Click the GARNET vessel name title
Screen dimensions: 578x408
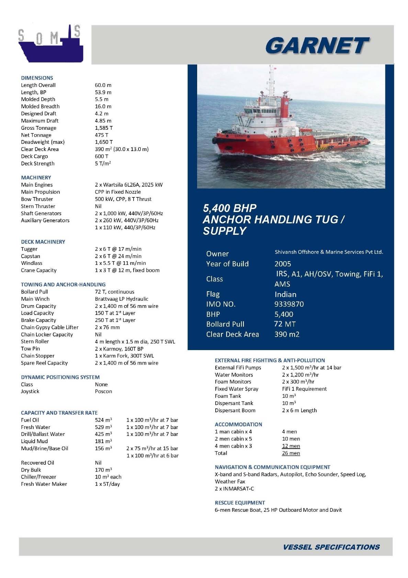tap(317, 46)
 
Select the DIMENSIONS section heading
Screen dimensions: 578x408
tap(37, 78)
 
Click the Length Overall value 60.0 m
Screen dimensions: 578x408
tap(103, 85)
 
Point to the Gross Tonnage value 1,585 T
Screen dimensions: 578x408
tap(104, 128)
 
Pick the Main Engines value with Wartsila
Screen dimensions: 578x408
tap(129, 185)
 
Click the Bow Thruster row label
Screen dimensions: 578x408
tap(37, 199)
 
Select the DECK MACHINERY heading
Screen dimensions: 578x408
tap(43, 242)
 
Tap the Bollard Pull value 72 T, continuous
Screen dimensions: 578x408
tap(115, 292)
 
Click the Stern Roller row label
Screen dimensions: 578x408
tap(35, 342)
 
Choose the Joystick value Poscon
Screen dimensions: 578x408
tap(103, 391)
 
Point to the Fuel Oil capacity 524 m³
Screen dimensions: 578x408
tap(103, 420)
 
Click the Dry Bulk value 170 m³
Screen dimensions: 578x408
tap(103, 470)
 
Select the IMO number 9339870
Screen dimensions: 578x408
tap(289, 304)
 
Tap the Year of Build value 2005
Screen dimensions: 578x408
tap(283, 264)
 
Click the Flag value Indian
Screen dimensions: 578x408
tap(285, 294)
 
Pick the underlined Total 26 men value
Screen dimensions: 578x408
tap(291, 453)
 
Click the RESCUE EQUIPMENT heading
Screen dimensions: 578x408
tap(240, 502)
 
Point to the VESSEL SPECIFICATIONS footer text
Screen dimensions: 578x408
tap(331, 547)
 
